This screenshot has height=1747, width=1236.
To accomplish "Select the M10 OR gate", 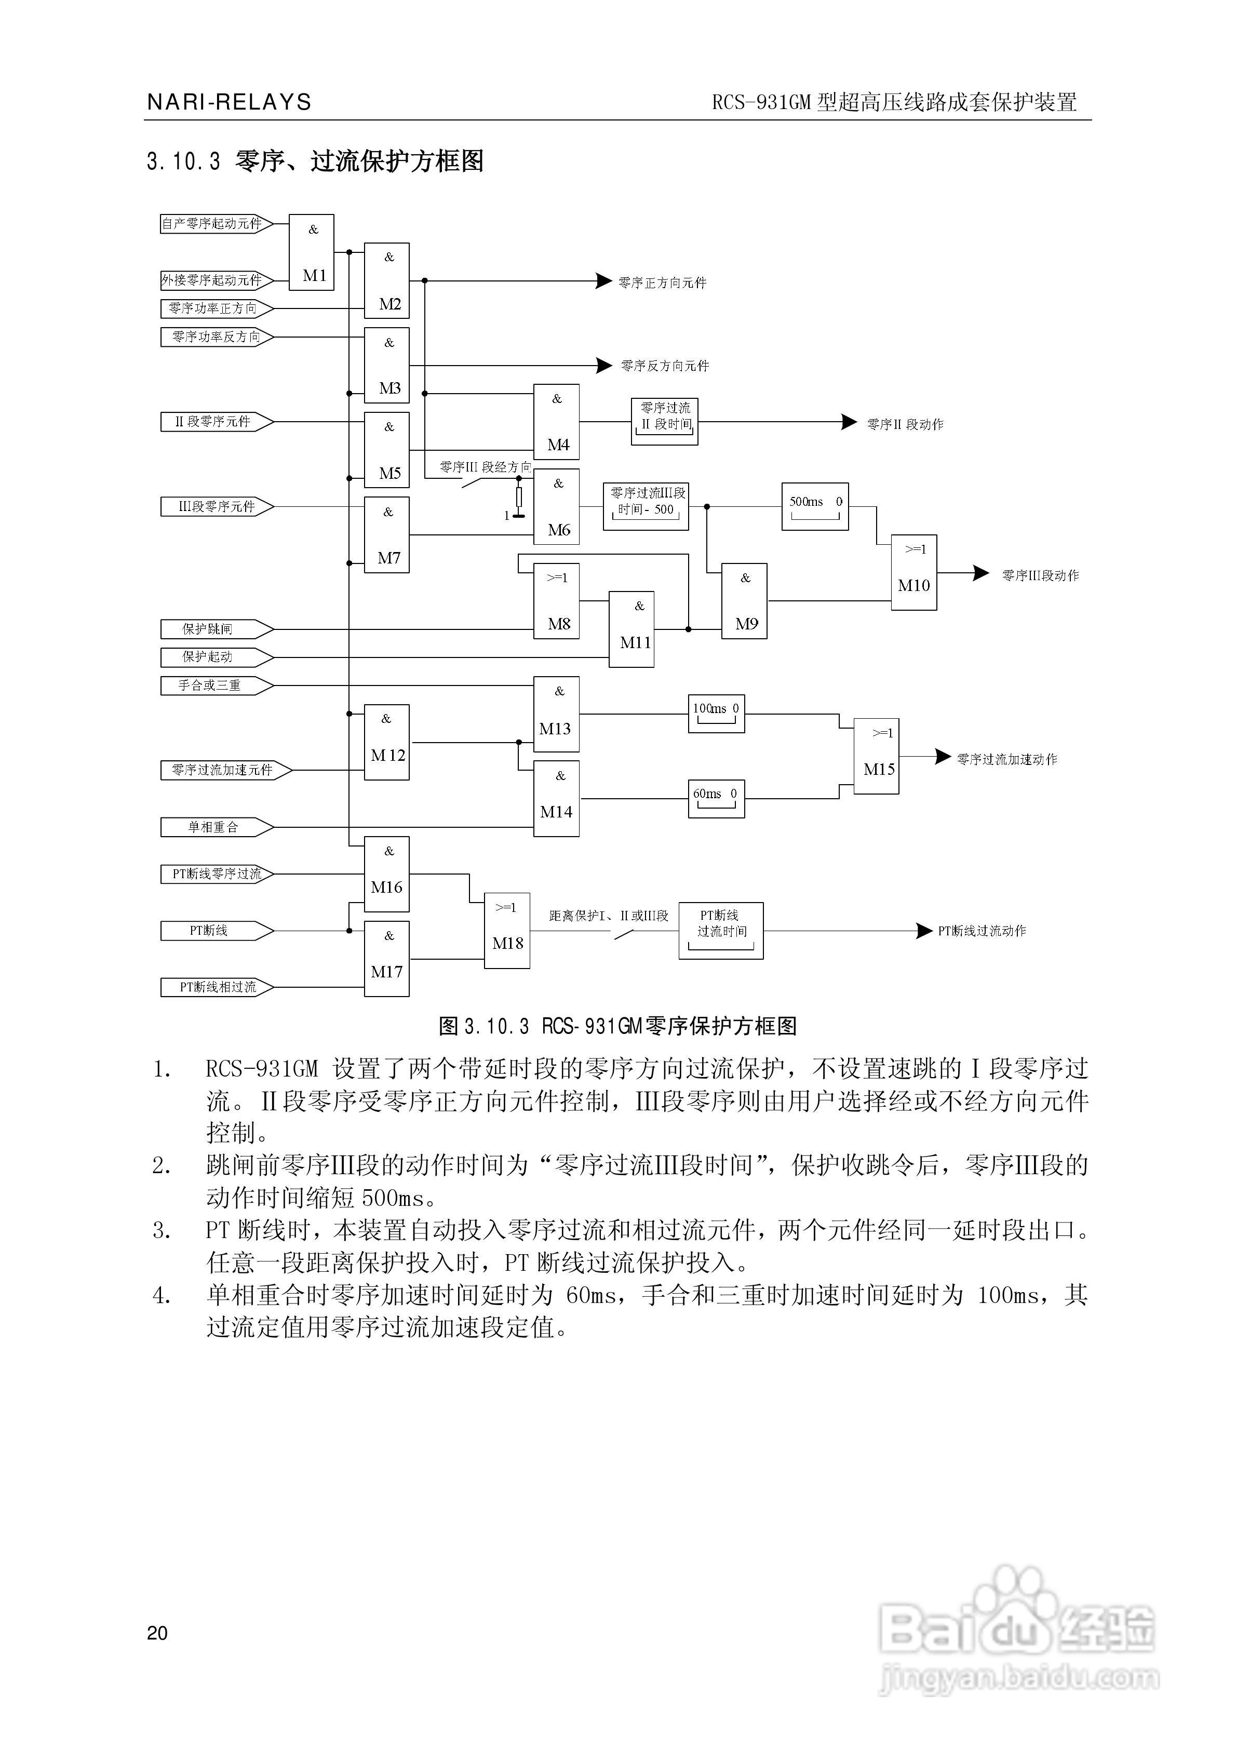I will (x=913, y=572).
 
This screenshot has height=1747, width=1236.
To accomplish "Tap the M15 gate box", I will (x=876, y=756).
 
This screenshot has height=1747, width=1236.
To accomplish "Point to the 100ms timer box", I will (x=716, y=713).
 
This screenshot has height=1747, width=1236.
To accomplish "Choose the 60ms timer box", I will (x=716, y=798).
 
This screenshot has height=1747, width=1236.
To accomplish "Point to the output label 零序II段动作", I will (x=905, y=425).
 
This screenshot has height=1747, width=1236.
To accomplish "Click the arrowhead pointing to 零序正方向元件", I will (x=603, y=281).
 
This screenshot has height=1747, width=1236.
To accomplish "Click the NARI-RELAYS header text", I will (x=229, y=102).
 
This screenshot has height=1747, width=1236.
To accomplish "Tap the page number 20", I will (x=157, y=1632).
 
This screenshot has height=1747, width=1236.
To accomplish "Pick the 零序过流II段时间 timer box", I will (x=664, y=422).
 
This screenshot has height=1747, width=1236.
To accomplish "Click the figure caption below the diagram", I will (x=617, y=1026).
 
